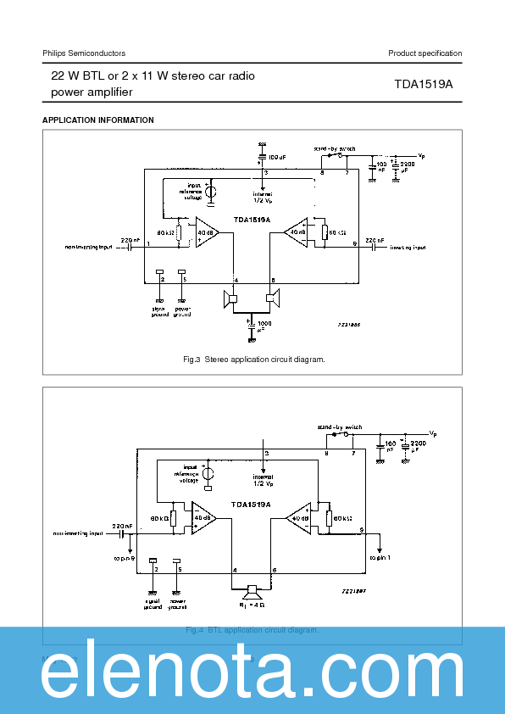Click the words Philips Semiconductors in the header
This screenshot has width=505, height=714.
tap(84, 53)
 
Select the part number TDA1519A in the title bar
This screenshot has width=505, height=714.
tap(424, 84)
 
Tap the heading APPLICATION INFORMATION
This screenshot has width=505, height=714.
tap(98, 120)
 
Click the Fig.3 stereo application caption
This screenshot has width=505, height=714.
tap(253, 360)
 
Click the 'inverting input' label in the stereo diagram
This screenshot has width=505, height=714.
tap(408, 248)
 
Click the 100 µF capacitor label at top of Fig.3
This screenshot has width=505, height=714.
tap(276, 158)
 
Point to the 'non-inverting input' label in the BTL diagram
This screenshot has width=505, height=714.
tap(78, 534)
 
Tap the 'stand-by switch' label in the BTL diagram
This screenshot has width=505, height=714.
tap(339, 427)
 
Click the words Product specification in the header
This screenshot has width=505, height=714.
tap(425, 53)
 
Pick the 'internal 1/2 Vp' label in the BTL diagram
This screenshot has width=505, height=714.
tap(264, 480)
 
